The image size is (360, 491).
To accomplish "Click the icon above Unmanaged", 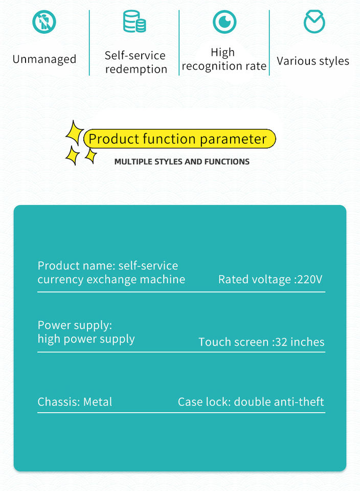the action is tap(44, 22).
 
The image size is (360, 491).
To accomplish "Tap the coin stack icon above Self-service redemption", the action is tap(134, 21).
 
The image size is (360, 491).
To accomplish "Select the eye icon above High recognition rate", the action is tap(224, 22).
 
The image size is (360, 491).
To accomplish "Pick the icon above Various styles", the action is tap(314, 22).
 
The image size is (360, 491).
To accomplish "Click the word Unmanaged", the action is tap(44, 59).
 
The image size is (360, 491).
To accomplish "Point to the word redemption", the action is tap(136, 70).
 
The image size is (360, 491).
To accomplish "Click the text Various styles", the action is tap(313, 61).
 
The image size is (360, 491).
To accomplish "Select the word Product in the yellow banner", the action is tap(114, 139).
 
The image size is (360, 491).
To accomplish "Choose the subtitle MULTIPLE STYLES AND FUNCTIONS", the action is tap(182, 162).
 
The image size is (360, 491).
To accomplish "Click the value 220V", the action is tap(310, 280).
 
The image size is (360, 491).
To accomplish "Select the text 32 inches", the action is tap(300, 342).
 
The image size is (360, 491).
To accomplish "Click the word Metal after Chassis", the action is tap(98, 402).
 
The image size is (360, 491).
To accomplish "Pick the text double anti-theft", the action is tap(279, 402).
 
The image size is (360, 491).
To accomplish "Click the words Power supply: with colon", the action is tap(75, 325).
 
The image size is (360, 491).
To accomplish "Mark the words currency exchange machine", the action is tap(111, 280).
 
